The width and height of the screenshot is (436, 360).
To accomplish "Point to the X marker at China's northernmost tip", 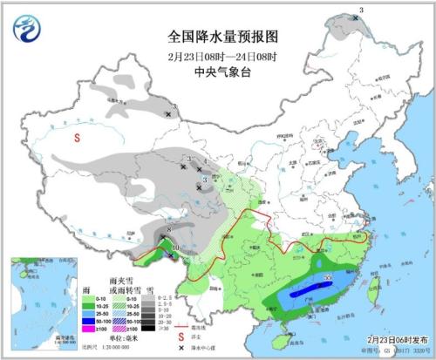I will tap(356, 17).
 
